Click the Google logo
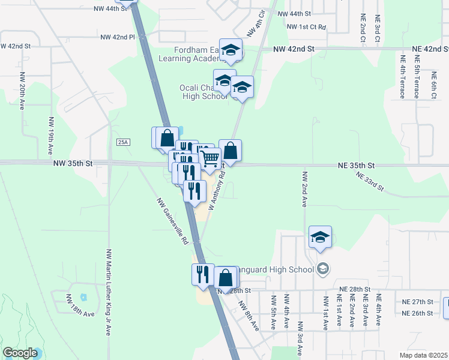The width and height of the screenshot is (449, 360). coord(20,353)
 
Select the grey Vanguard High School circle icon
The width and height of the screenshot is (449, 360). coord(324,268)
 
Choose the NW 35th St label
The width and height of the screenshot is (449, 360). coord(73,163)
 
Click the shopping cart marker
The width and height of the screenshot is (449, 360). coord(210,159)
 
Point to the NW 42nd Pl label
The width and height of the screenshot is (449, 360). coord(118,37)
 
